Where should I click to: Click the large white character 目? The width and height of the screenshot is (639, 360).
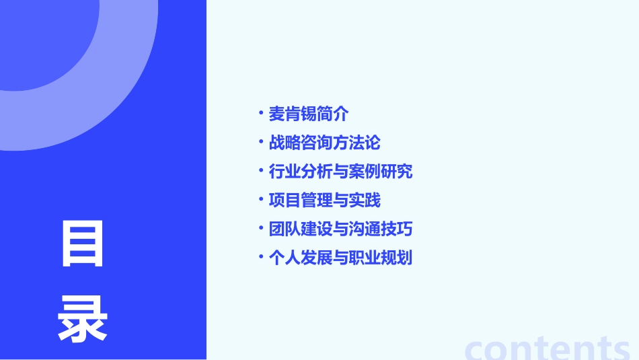click(x=83, y=244)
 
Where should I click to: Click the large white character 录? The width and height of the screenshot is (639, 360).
click(x=83, y=319)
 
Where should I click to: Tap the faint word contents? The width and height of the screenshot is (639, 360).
click(x=548, y=347)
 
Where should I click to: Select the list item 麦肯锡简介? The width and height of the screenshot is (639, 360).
click(x=309, y=114)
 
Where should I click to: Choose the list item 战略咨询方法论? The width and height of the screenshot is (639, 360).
click(x=324, y=143)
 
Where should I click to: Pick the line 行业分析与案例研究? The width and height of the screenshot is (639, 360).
click(x=340, y=172)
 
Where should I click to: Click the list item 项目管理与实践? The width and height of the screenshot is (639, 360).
click(x=324, y=200)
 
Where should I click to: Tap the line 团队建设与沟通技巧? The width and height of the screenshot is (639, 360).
click(x=340, y=229)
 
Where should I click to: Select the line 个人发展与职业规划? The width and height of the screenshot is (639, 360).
click(x=340, y=258)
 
